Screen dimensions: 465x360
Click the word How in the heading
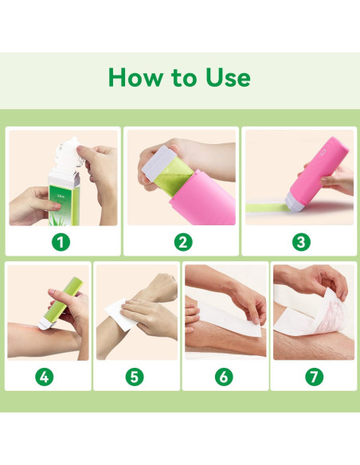click(x=133, y=77)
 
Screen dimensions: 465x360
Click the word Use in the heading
click(x=225, y=77)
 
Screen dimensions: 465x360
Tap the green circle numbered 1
click(x=63, y=241)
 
